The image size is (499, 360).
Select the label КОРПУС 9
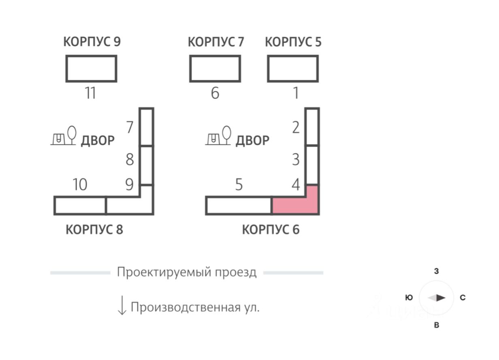tap(92, 41)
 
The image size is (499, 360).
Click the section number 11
tap(90, 93)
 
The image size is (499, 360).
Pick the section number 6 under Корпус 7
tap(215, 93)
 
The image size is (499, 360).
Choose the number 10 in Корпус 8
tap(80, 184)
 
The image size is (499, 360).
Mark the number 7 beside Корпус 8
tap(130, 127)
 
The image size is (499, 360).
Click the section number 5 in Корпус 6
tap(239, 184)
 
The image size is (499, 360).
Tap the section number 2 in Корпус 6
tap(296, 128)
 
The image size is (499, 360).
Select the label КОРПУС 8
tap(94, 229)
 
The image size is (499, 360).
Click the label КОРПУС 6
tap(271, 229)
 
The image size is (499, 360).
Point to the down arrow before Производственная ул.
tap(122, 305)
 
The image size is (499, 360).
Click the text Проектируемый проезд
tap(187, 272)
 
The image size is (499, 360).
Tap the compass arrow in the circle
tap(436, 298)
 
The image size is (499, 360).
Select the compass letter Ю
tap(409, 298)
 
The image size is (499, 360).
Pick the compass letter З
tap(436, 271)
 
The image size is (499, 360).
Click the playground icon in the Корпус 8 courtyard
tap(64, 136)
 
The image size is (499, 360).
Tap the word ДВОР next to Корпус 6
tap(253, 141)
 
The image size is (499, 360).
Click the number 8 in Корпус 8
tap(130, 159)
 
